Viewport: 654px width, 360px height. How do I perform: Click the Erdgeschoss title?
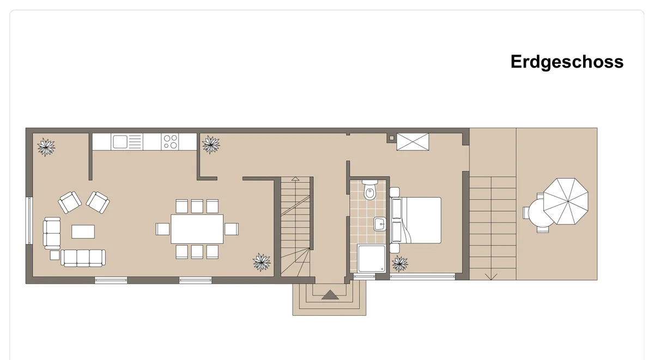(x=567, y=62)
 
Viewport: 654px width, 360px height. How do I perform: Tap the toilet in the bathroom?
(x=370, y=190)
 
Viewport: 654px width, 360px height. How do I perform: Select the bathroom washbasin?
(x=380, y=224)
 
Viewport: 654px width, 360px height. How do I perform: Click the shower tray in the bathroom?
(x=371, y=259)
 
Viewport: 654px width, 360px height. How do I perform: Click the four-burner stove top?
(x=170, y=142)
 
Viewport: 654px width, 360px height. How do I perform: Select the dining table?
(x=197, y=229)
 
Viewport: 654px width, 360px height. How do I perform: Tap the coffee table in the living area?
(x=83, y=231)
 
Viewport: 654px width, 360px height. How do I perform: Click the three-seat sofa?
(x=83, y=258)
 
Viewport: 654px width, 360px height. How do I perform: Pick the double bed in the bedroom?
(x=415, y=220)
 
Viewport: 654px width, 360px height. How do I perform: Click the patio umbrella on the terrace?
(x=566, y=202)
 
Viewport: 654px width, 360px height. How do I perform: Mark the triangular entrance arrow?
(x=330, y=295)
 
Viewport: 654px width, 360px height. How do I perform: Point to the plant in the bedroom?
(x=399, y=264)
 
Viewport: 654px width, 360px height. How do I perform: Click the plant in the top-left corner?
(x=46, y=147)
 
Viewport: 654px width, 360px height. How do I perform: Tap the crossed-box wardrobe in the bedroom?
(x=413, y=142)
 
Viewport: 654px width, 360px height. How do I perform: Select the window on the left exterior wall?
(x=29, y=221)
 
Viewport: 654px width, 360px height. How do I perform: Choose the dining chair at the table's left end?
(x=162, y=229)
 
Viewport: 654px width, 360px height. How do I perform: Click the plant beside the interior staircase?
(x=261, y=263)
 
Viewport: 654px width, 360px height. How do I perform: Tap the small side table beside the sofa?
(x=55, y=255)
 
